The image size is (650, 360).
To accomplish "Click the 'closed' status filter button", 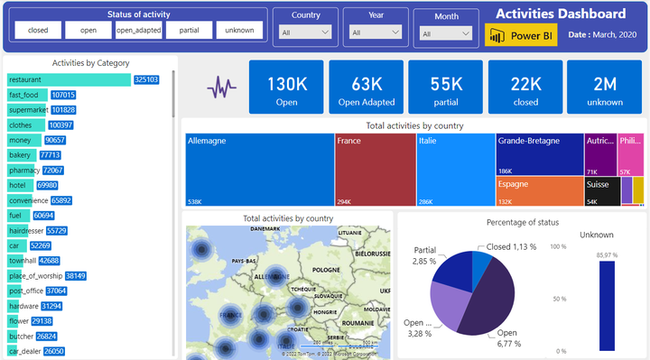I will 38,30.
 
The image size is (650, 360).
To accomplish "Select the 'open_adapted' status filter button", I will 139,30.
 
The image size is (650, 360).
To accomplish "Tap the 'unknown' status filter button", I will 240,30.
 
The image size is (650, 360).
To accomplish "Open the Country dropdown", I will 306,32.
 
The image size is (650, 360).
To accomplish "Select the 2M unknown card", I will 606,88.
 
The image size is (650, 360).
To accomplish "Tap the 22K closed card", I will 526,88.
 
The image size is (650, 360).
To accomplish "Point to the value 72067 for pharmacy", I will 53,170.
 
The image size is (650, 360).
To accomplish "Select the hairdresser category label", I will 25,231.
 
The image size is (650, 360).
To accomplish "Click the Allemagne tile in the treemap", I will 259,171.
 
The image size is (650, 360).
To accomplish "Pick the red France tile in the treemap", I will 376,171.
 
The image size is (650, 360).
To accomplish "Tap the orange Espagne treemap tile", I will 539,190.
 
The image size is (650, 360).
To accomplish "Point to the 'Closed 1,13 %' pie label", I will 512,245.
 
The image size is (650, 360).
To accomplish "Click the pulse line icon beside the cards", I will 221,88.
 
